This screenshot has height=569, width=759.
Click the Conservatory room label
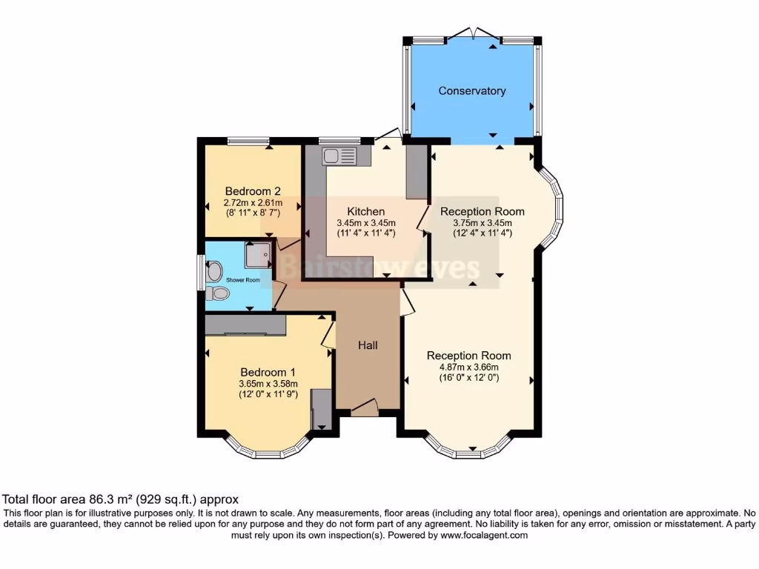[471, 91]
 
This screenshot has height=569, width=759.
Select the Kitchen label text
[365, 211]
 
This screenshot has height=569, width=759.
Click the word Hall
[368, 345]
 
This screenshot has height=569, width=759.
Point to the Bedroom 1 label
[268, 372]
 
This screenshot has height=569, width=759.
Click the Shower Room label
[243, 280]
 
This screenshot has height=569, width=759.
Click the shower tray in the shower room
[258, 255]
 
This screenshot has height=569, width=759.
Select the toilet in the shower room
[219, 294]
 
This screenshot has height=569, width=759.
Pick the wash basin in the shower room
[214, 272]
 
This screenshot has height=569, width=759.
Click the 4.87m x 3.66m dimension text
[468, 367]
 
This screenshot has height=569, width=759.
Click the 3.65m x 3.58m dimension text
[268, 384]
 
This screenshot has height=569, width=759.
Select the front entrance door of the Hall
[364, 407]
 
